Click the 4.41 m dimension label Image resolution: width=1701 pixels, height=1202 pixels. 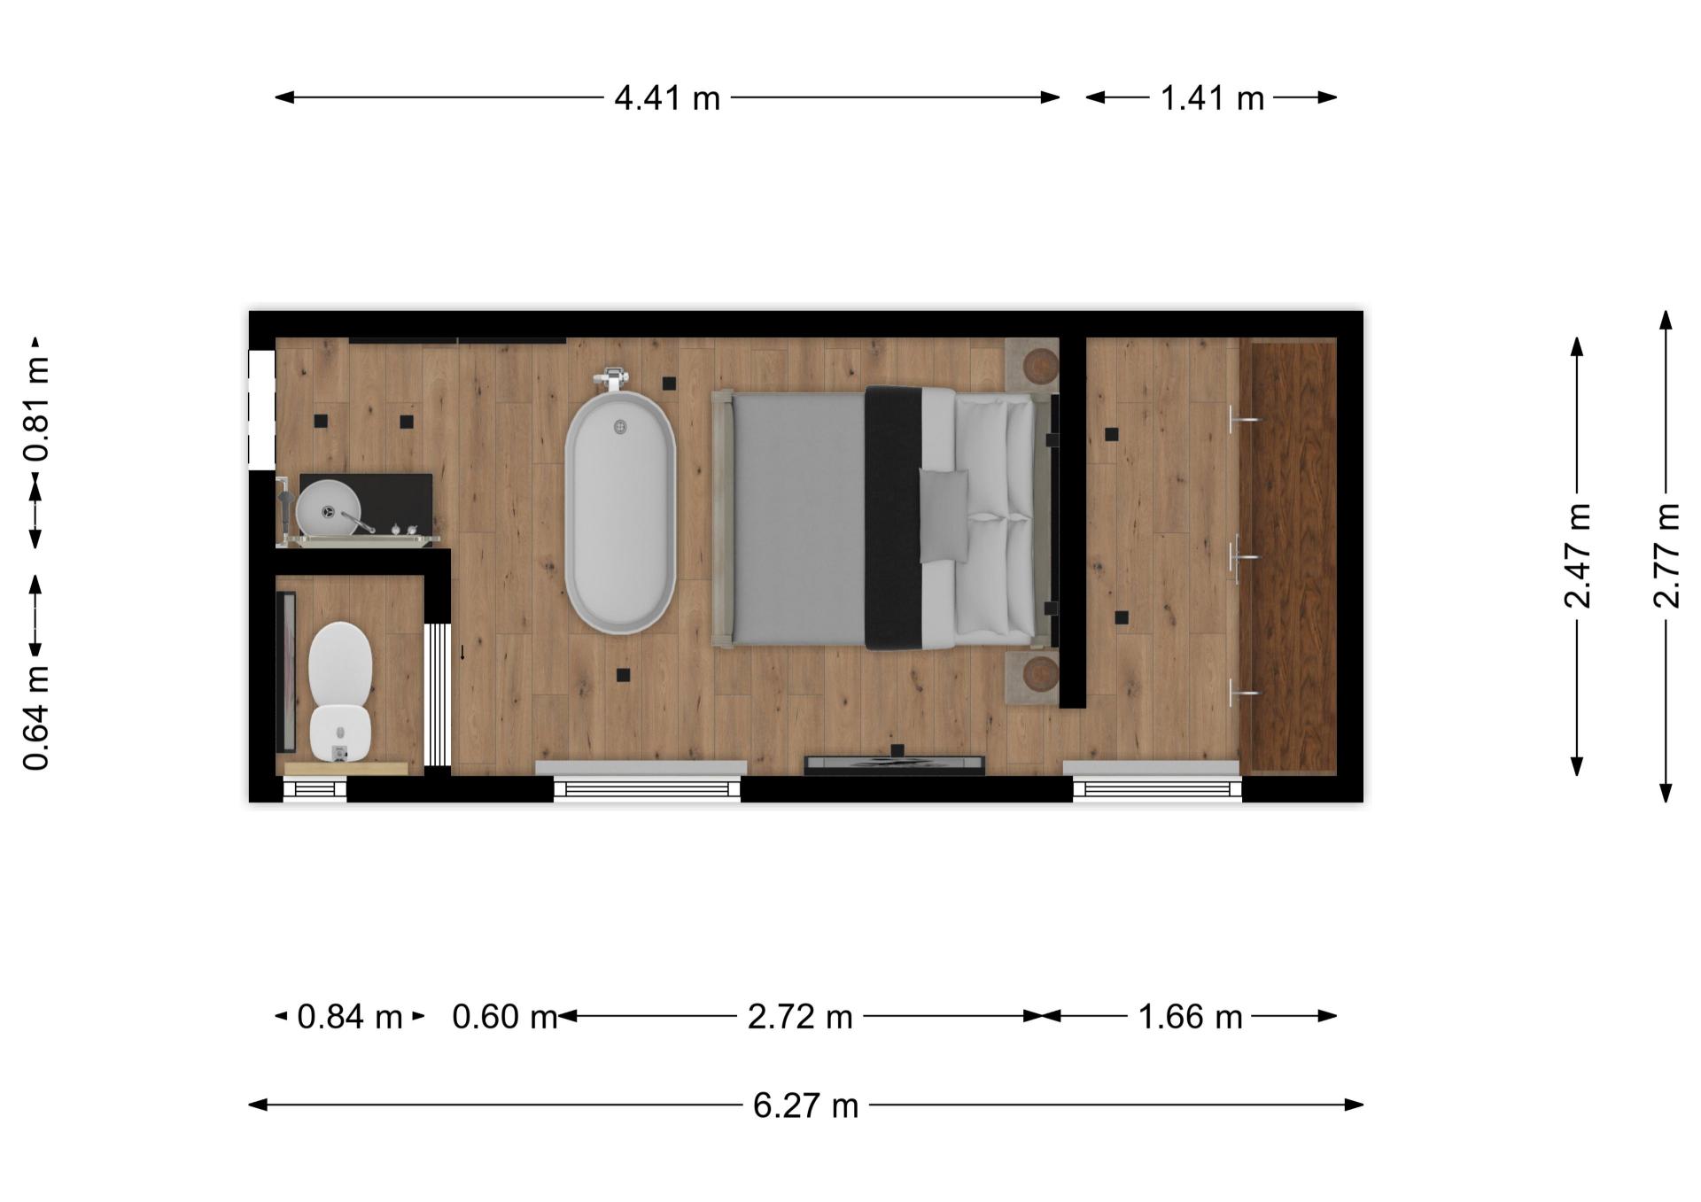click(x=667, y=97)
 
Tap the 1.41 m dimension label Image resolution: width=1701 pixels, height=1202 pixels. click(x=1212, y=97)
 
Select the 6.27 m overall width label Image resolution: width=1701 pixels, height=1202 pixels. click(x=806, y=1105)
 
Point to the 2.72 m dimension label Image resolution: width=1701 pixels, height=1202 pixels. click(x=800, y=1016)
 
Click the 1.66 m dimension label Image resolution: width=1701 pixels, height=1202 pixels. click(x=1190, y=1016)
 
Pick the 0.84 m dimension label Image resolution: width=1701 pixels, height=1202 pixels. click(x=350, y=1016)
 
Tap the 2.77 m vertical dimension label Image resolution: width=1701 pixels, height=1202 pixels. click(x=1666, y=555)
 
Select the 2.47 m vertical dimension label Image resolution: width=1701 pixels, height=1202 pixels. click(x=1578, y=555)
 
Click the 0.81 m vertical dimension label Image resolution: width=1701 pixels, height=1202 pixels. click(x=36, y=409)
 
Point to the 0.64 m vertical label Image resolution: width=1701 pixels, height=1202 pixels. click(x=36, y=717)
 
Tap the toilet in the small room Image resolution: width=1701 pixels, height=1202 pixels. click(x=339, y=691)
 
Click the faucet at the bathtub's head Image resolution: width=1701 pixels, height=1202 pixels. click(x=614, y=380)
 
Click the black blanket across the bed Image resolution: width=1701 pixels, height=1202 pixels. click(x=895, y=518)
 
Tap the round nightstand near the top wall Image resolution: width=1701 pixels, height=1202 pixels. click(x=1041, y=364)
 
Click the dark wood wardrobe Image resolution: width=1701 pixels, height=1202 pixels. click(x=1287, y=556)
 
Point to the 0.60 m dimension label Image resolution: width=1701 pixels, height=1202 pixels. click(x=505, y=1016)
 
